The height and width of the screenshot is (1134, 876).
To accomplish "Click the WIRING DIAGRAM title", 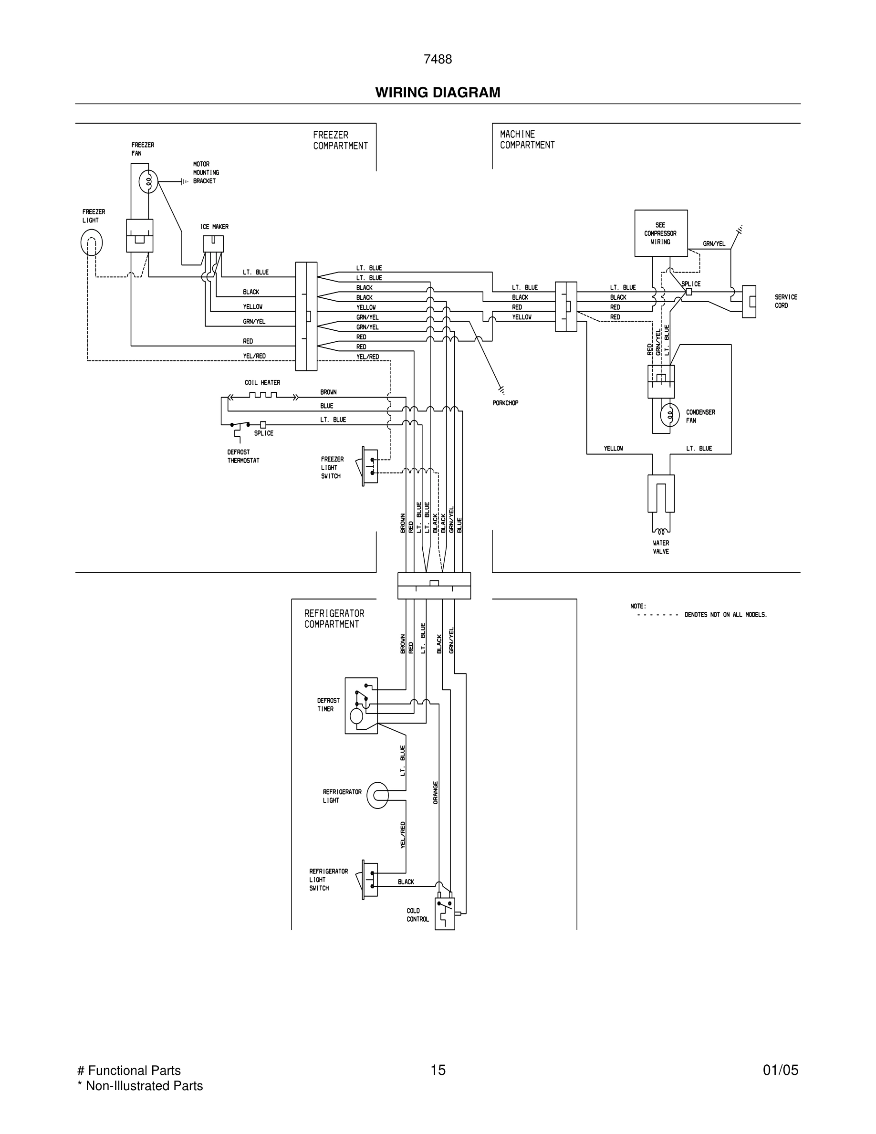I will click(438, 93).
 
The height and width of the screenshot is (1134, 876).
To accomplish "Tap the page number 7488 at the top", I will click(438, 60).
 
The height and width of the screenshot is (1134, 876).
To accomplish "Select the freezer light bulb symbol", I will click(91, 242).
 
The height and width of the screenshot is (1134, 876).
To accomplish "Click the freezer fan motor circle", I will click(148, 181).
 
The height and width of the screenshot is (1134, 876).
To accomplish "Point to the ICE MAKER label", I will click(214, 227).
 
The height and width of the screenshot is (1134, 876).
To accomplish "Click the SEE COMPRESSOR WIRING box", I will click(661, 233).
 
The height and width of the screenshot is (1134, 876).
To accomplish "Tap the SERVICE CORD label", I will click(786, 301).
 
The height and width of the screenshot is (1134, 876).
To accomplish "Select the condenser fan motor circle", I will click(669, 415).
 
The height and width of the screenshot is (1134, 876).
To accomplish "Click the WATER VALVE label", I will click(661, 547).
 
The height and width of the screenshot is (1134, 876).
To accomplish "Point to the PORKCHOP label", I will click(505, 403).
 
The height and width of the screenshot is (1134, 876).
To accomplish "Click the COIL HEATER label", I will click(262, 383).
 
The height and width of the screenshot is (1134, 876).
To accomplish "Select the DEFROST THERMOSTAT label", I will click(243, 456).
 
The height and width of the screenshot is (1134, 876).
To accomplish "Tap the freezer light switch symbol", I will click(369, 467).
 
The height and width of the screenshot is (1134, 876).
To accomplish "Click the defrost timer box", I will click(361, 705).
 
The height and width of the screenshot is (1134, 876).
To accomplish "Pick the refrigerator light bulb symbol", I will click(378, 796).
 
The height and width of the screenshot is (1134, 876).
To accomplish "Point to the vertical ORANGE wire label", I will click(436, 793).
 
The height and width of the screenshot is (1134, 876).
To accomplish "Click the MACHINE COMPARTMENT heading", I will click(527, 140).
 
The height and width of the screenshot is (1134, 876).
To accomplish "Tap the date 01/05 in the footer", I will click(780, 1070).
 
